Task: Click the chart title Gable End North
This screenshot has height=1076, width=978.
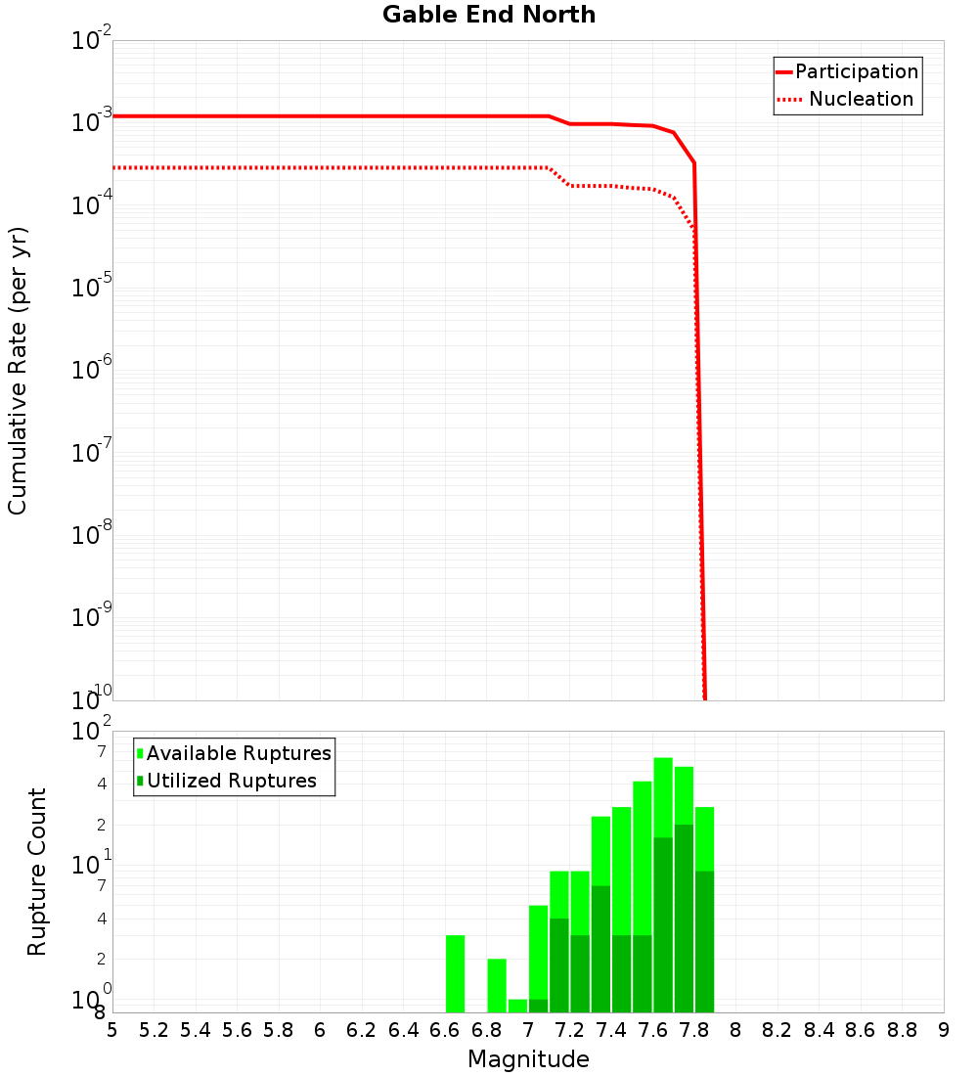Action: [x=489, y=15]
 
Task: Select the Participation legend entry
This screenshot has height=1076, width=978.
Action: [x=856, y=71]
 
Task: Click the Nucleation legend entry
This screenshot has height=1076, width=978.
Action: [x=861, y=99]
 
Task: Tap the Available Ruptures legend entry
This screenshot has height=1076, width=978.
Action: [x=239, y=753]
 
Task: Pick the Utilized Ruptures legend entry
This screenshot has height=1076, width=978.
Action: [x=231, y=781]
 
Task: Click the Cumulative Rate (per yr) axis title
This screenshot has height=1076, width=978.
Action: [x=18, y=371]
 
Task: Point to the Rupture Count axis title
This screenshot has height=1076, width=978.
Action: [x=37, y=872]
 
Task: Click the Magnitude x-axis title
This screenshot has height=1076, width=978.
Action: [x=528, y=1059]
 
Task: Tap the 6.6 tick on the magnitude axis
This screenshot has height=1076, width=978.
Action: [x=445, y=1030]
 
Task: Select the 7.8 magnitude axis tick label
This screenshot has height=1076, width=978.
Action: [x=694, y=1030]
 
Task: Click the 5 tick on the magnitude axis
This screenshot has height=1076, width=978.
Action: [x=112, y=1030]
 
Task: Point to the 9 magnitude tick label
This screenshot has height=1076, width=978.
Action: [x=944, y=1030]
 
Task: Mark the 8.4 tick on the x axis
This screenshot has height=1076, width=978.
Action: [x=819, y=1030]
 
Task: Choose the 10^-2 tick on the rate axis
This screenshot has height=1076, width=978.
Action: [x=92, y=41]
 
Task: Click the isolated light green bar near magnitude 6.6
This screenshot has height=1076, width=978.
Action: [x=455, y=973]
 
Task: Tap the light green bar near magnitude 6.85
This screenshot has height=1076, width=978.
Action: [x=497, y=985]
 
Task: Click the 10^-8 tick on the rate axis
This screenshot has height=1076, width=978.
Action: [x=92, y=535]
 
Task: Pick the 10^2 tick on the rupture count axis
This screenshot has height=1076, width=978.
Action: [x=92, y=732]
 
